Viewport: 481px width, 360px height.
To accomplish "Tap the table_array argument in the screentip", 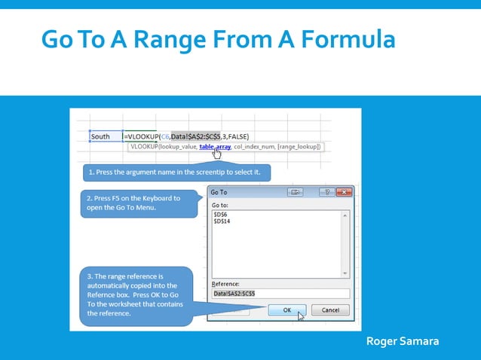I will (215, 147).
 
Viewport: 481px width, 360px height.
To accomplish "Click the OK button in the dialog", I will (286, 310).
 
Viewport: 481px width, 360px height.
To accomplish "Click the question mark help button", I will (327, 193).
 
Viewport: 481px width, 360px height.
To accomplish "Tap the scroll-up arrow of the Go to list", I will (345, 215).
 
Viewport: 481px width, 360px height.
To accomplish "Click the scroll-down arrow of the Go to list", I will (345, 273).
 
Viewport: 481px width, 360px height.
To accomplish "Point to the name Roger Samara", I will (401, 342).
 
